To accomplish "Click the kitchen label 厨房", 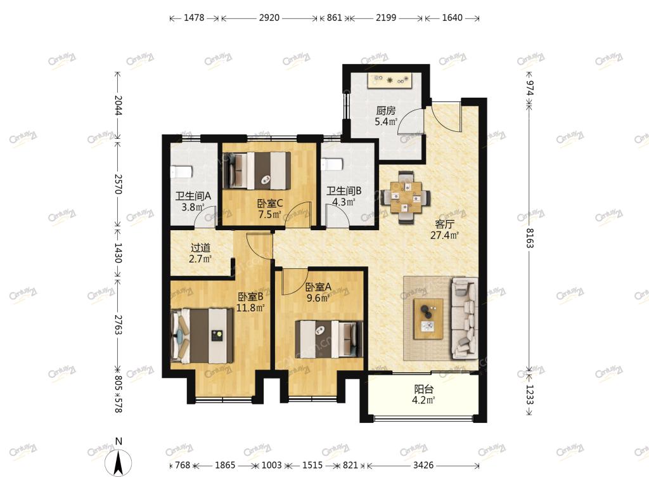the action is tap(386, 110).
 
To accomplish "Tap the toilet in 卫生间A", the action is tap(181, 171).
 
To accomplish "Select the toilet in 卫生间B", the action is tap(332, 164).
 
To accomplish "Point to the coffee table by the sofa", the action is tap(428, 319).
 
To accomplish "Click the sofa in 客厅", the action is tap(465, 318).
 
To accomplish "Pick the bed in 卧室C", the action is tap(257, 171).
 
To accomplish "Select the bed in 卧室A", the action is tap(329, 339).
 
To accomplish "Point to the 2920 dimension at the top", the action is tap(269, 18).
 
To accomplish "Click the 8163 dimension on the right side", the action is tap(529, 238).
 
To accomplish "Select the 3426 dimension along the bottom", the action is tap(423, 465).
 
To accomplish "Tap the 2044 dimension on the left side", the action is tap(118, 106).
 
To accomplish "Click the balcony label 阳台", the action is tap(424, 389).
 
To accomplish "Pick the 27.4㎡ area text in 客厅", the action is tap(444, 236).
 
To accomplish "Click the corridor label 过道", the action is tap(200, 248).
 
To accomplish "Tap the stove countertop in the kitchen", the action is tap(390, 81).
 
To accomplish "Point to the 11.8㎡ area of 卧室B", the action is tap(250, 308).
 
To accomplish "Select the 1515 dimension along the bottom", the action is tap(312, 465).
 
